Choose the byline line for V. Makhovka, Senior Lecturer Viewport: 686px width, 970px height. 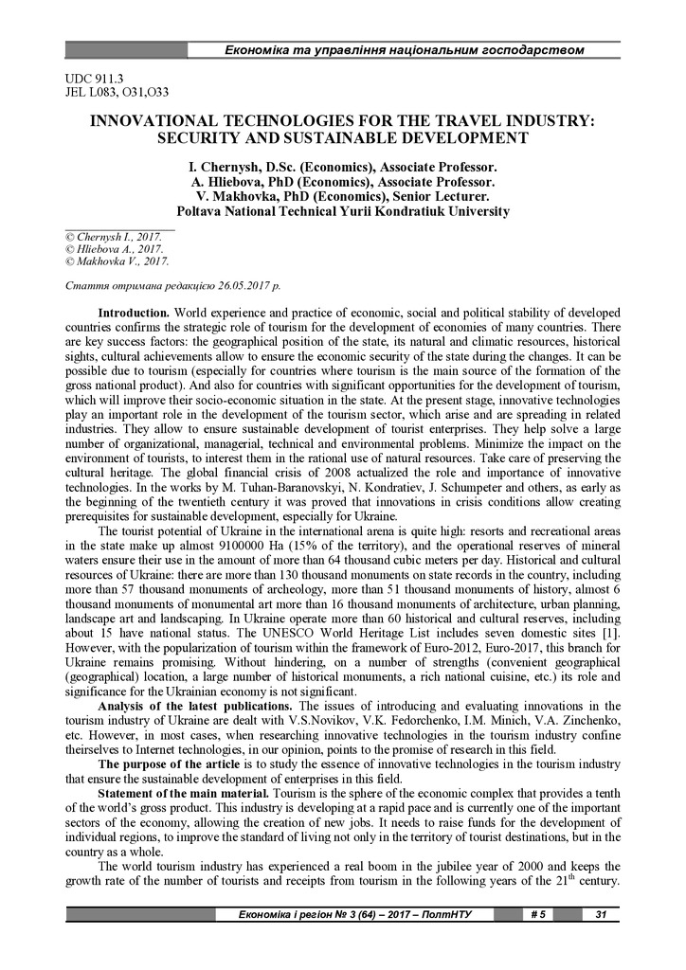(x=343, y=197)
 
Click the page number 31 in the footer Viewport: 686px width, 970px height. (x=600, y=914)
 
